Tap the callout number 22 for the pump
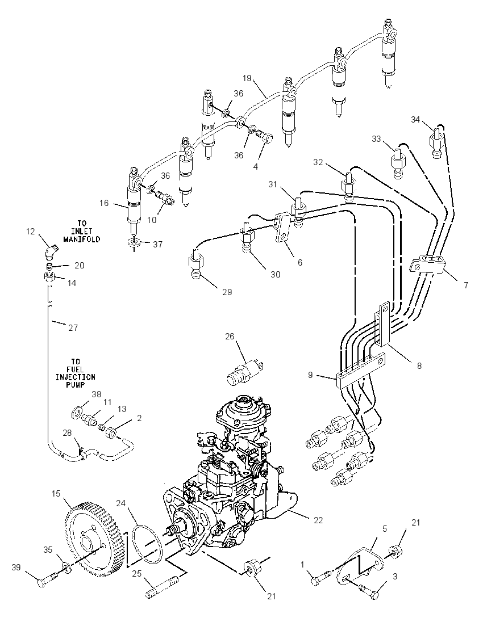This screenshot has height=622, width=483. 318,520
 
